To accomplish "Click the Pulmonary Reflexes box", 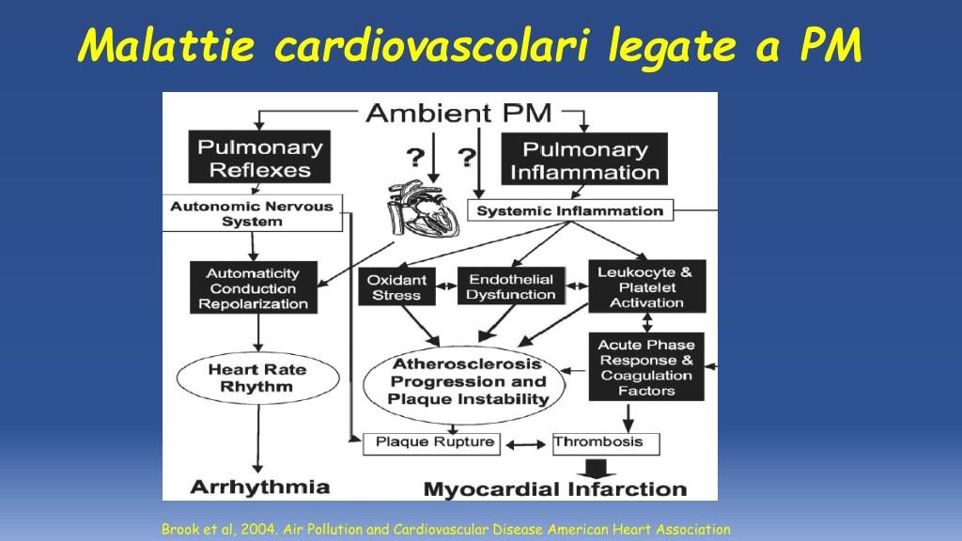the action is click(259, 157).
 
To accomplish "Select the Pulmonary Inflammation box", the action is click(584, 159).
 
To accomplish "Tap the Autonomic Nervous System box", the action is click(252, 213).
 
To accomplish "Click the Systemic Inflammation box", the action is click(570, 210).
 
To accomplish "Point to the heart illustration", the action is click(424, 209).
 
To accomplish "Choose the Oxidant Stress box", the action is click(397, 286).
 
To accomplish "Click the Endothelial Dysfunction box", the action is click(511, 286).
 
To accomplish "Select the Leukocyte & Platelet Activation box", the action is click(646, 286).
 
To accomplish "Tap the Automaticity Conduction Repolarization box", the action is click(254, 287).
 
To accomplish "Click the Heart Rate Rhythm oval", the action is click(257, 378).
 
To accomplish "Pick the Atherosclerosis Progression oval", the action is click(465, 384).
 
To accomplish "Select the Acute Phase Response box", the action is click(646, 367).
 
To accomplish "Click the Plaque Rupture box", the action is click(432, 443).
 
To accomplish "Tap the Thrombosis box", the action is click(606, 443).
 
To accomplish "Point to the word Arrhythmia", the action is click(260, 487).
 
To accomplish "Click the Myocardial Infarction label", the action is click(555, 488).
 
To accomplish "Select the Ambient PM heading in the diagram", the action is click(458, 113).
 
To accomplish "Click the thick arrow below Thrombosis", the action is click(596, 468).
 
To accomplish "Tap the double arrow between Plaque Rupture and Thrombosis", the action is click(526, 444).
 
